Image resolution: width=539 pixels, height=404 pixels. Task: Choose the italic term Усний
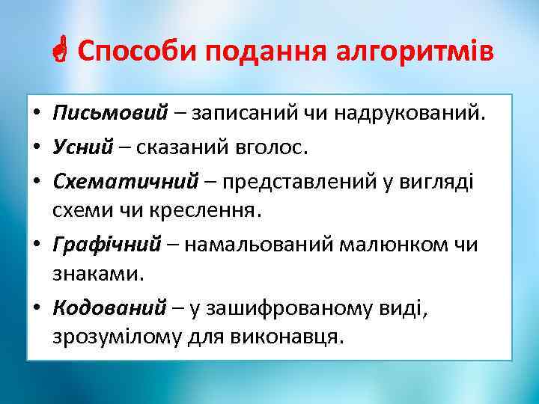[x=82, y=147]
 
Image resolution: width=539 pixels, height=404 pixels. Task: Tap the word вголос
[x=269, y=147]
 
